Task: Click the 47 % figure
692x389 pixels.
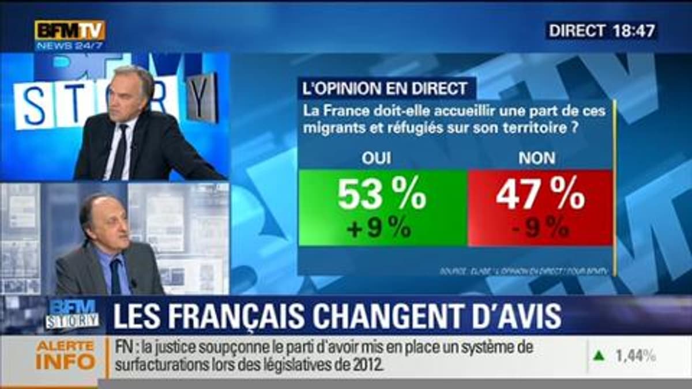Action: [540, 195]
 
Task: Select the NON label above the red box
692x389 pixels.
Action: [537, 159]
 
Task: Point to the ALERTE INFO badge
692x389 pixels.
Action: [65, 355]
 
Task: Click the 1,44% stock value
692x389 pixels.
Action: [635, 356]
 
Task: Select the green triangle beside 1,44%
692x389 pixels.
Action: [600, 356]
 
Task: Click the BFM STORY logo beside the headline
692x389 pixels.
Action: [73, 315]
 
